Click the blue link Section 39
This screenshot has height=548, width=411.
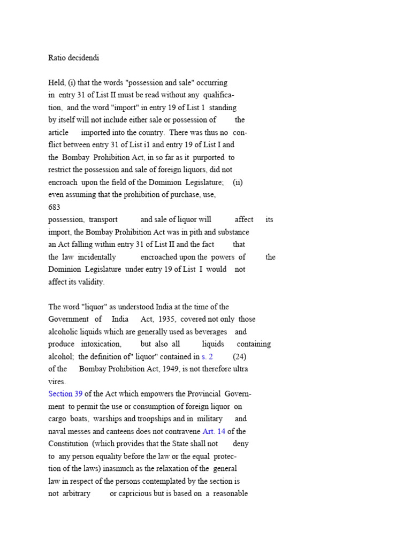(x=65, y=394)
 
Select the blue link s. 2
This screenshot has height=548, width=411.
(x=207, y=356)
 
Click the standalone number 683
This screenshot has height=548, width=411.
(x=54, y=207)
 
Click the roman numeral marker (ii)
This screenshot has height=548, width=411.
(x=238, y=182)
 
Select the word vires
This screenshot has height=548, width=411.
(x=57, y=382)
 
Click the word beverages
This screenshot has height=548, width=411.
(x=209, y=332)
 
